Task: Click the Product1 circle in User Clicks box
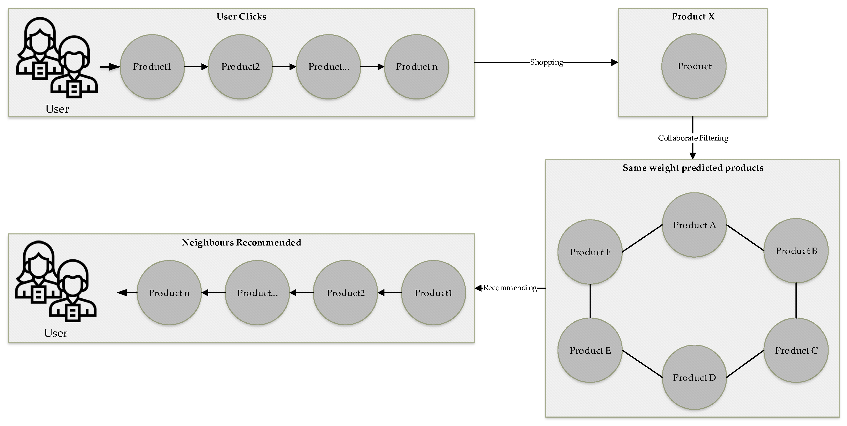tap(152, 67)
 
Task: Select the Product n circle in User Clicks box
tap(416, 67)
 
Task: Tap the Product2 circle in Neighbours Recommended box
tap(345, 293)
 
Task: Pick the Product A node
tap(694, 225)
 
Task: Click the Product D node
tap(694, 377)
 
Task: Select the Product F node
tap(590, 252)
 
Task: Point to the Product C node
tap(796, 350)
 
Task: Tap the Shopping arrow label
tap(546, 62)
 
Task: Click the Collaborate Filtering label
tap(693, 138)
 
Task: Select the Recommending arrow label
tap(510, 288)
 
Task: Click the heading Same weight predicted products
tap(693, 168)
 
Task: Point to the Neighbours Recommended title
tap(241, 242)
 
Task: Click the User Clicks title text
tap(241, 17)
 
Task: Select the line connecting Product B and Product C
tap(796, 300)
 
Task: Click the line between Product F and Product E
tap(590, 301)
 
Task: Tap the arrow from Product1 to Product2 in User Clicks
tap(196, 67)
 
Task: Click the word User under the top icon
tap(57, 109)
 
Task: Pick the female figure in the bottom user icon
tap(36, 270)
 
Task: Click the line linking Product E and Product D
tap(642, 363)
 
